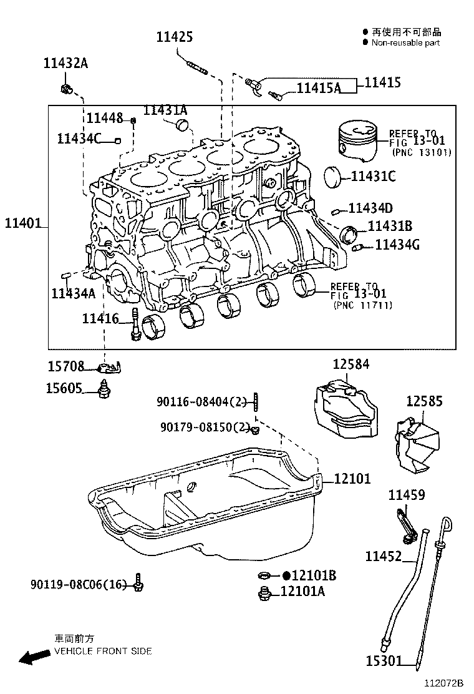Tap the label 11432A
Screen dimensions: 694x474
pos(65,63)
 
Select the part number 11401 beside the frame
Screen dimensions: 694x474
pos(23,223)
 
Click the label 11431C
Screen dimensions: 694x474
pos(373,177)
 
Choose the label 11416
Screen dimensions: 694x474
pos(100,319)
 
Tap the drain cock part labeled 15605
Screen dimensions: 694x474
pos(105,388)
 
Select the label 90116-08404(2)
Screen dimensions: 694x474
pos(201,403)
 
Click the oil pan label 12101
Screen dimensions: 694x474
pos(352,479)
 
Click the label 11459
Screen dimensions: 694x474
pos(407,495)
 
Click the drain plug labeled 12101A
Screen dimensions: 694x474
pos(264,592)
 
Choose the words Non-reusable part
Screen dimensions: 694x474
pos(405,43)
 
